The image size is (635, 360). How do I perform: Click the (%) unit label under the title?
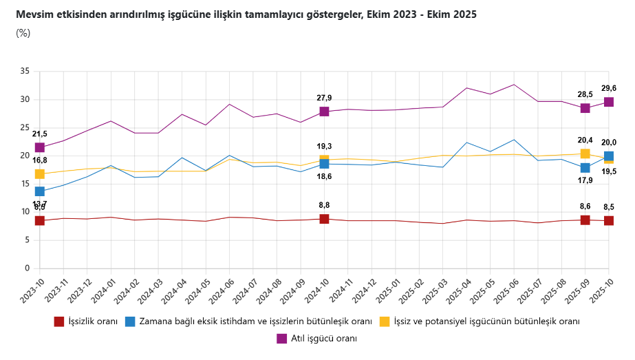[23, 33]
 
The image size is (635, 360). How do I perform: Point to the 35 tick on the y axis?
[25, 71]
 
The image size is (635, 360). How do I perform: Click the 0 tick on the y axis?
[28, 268]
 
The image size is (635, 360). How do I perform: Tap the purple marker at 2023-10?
[40, 147]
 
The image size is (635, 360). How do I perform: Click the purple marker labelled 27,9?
[324, 112]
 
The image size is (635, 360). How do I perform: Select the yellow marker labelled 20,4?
[585, 153]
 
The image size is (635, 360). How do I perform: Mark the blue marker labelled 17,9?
[585, 168]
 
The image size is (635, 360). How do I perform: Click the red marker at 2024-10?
[324, 219]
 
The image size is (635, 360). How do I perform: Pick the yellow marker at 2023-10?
[40, 174]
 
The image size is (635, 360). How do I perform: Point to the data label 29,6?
[609, 88]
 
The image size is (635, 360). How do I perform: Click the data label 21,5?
[40, 134]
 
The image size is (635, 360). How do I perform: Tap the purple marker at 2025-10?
[609, 102]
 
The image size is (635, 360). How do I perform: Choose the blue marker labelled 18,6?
[324, 164]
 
